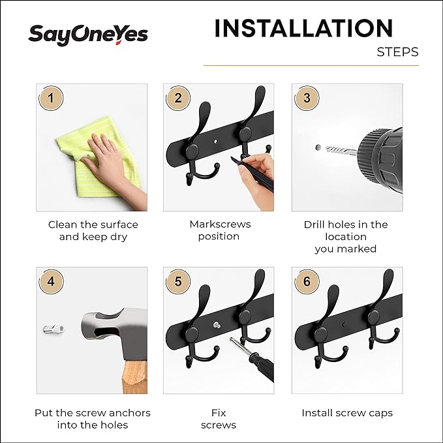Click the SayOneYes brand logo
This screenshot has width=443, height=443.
pos(87,35)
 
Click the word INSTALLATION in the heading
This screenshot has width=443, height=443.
pos(303,29)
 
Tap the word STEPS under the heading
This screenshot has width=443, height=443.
pos(397,52)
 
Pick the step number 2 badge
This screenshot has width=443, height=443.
pos(178,99)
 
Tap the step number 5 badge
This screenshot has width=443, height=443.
pos(178,283)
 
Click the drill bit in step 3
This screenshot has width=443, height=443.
pos(339,151)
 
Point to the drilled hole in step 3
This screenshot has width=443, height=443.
pos(318,148)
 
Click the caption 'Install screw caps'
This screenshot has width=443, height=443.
pos(346,413)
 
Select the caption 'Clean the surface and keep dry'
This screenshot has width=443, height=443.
pos(93,230)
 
